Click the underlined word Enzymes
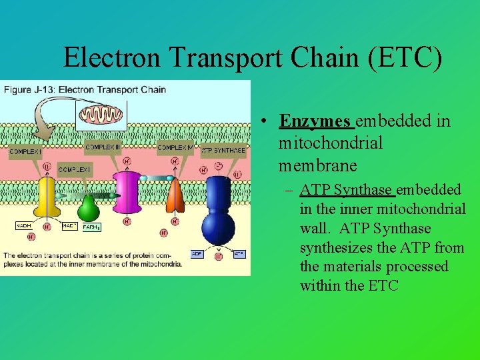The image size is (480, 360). coord(315,121)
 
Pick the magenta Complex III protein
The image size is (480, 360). coord(127,193)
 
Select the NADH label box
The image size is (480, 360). coord(23,226)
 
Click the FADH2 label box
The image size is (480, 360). coord(91,227)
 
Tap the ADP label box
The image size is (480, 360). coord(197,254)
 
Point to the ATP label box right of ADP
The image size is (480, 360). coord(239,254)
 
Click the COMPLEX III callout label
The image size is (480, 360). coord(103,147)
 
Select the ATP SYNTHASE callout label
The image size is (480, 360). coord(223,150)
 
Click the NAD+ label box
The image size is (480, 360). coord(69,226)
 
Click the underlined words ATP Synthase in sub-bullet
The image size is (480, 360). coord(346,190)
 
